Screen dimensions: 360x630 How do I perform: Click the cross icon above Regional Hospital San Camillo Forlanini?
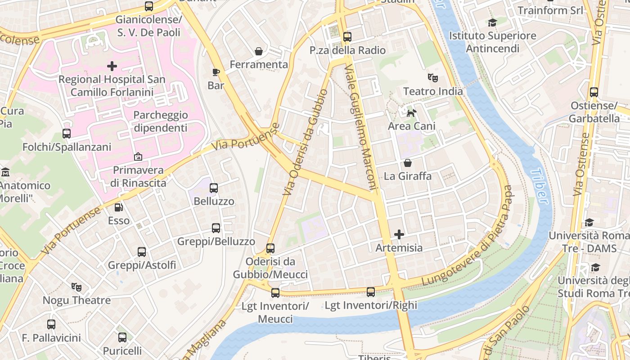point(112,66)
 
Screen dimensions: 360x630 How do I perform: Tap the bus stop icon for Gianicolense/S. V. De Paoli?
point(148,6)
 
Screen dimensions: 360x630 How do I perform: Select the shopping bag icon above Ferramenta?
point(259,51)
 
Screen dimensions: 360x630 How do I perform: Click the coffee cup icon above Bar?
point(216,72)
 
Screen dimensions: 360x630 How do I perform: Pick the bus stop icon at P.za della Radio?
point(347,37)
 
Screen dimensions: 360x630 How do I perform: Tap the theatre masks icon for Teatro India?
point(433,78)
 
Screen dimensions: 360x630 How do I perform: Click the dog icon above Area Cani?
point(411,113)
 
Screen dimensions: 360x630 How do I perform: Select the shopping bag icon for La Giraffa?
point(407,163)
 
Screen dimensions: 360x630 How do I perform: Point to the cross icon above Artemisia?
point(399,234)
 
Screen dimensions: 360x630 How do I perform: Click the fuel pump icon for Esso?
point(119,207)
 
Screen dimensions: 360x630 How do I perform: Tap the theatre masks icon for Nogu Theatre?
point(76,287)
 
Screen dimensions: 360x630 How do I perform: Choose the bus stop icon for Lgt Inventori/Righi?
point(371,292)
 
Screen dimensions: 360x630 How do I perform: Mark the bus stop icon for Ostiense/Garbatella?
point(594,92)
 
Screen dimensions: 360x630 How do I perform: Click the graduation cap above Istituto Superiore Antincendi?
point(492,22)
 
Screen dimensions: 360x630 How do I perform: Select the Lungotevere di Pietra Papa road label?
point(468,236)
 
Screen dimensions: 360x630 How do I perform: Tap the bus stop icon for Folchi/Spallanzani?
point(67,134)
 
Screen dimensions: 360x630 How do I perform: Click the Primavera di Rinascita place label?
point(138,176)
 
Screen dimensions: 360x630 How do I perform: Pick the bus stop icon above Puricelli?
point(122,337)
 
